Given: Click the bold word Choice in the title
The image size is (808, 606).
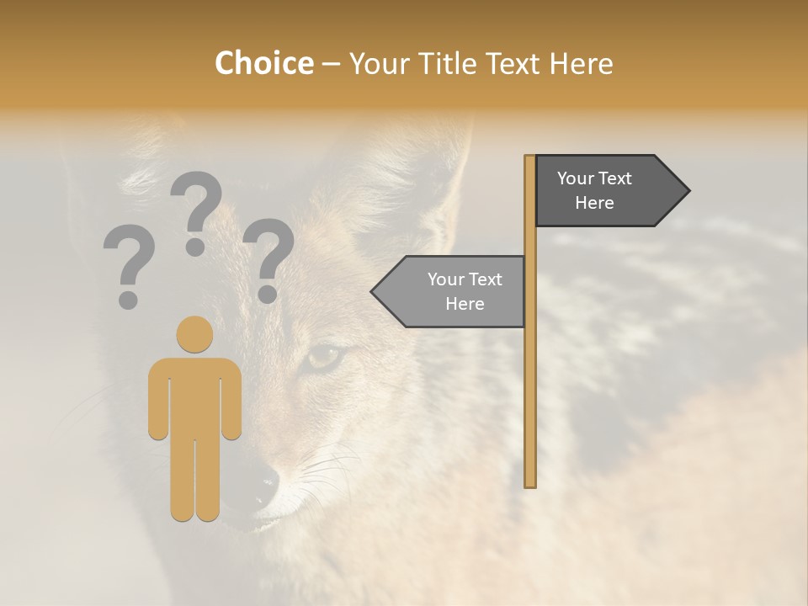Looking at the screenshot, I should tap(263, 64).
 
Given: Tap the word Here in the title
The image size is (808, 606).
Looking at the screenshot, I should tap(581, 64).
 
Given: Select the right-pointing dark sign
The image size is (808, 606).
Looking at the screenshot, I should tap(606, 190).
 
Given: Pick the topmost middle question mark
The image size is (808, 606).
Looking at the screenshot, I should tap(196, 210).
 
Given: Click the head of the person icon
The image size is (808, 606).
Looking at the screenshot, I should tap(194, 334).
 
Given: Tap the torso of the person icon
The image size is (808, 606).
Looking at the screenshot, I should tap(194, 396).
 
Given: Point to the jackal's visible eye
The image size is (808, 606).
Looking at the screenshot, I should tap(324, 358).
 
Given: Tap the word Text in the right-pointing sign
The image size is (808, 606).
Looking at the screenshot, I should tap(616, 178).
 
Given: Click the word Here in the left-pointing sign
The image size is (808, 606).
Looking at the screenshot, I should tap(465, 304).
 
